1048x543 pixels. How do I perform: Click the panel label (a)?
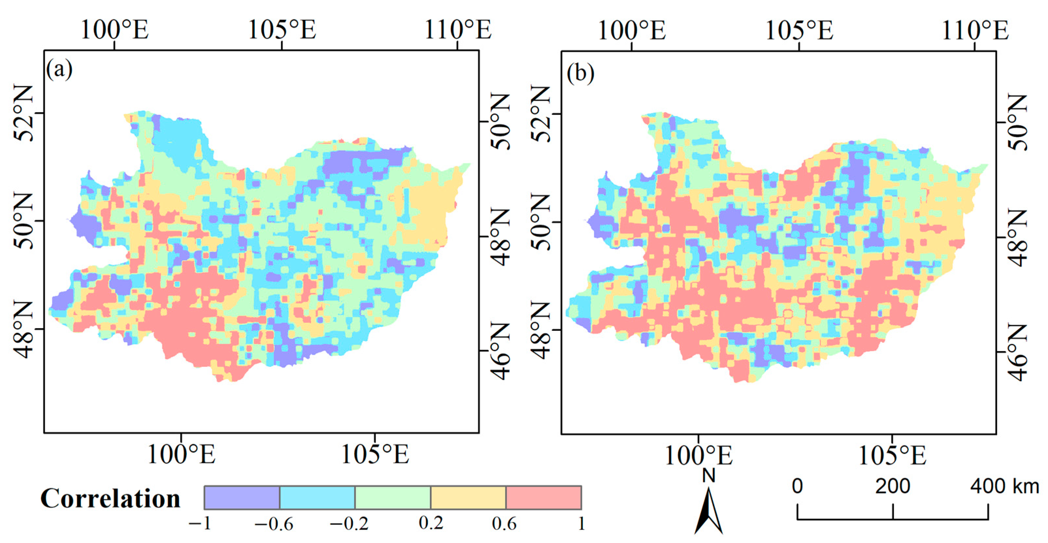[59, 70]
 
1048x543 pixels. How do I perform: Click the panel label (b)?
[580, 74]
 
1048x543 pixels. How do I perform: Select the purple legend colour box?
[242, 498]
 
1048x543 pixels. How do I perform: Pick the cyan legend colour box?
[317, 498]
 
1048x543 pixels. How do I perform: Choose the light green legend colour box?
[393, 498]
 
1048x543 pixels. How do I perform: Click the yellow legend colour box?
[468, 498]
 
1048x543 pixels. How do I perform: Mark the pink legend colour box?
[544, 498]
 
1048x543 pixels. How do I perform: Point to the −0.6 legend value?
[273, 524]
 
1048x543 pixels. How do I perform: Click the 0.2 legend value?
[431, 523]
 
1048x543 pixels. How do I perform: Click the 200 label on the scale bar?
[892, 486]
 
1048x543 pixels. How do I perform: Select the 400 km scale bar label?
[1004, 486]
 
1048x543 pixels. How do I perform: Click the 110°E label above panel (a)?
[458, 30]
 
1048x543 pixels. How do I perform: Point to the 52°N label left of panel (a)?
[24, 113]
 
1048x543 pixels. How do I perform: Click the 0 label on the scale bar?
[797, 486]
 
